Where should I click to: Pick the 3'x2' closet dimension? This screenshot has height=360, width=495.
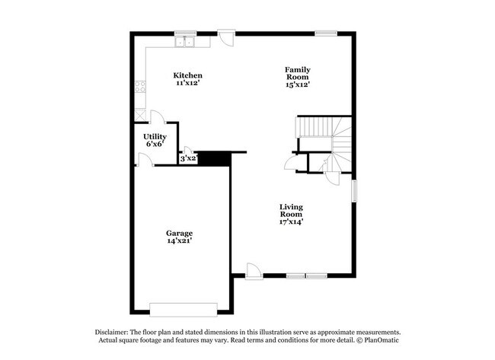[x=189, y=158]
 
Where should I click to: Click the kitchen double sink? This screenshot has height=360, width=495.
[x=185, y=42]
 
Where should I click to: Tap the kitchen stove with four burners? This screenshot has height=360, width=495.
[x=140, y=87]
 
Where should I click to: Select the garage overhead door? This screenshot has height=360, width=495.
[x=184, y=310]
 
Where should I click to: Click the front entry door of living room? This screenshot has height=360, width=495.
[x=254, y=272]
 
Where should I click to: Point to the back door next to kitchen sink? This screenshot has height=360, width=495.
[x=226, y=38]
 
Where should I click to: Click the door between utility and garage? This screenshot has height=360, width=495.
[x=145, y=160]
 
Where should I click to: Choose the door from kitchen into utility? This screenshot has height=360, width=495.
[x=158, y=116]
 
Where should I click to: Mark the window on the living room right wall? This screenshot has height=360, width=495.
[x=355, y=191]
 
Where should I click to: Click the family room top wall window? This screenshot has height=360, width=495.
[x=326, y=33]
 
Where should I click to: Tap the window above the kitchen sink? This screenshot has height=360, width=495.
[x=186, y=33]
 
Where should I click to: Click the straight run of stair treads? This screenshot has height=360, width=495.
[x=315, y=127]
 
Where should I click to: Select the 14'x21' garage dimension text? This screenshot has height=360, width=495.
[x=180, y=241]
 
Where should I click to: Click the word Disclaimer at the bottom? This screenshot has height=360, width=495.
[x=111, y=332]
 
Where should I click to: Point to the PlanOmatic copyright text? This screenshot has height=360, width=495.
[x=378, y=340]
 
